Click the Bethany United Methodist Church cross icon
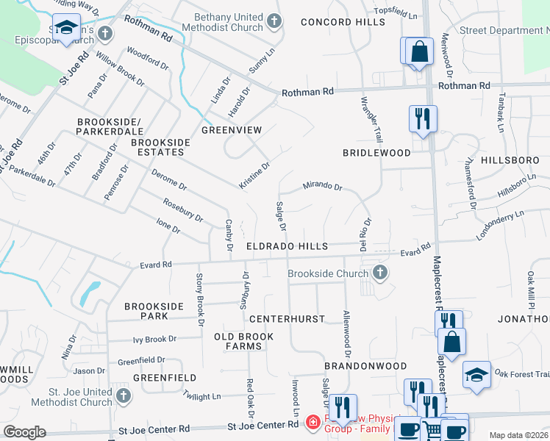pyautogui.click(x=274, y=20)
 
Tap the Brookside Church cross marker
pyautogui.click(x=380, y=273)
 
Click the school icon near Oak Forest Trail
pyautogui.click(x=476, y=375)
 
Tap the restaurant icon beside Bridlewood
pyautogui.click(x=423, y=118)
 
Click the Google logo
pyautogui.click(x=24, y=432)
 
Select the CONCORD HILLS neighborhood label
pyautogui.click(x=333, y=22)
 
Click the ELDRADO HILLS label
pyautogui.click(x=286, y=247)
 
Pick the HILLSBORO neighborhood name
pyautogui.click(x=505, y=159)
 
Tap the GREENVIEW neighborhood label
pyautogui.click(x=232, y=130)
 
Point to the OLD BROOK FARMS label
pyautogui.click(x=243, y=341)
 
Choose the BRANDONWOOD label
pyautogui.click(x=365, y=365)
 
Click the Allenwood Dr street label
pyautogui.click(x=346, y=329)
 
